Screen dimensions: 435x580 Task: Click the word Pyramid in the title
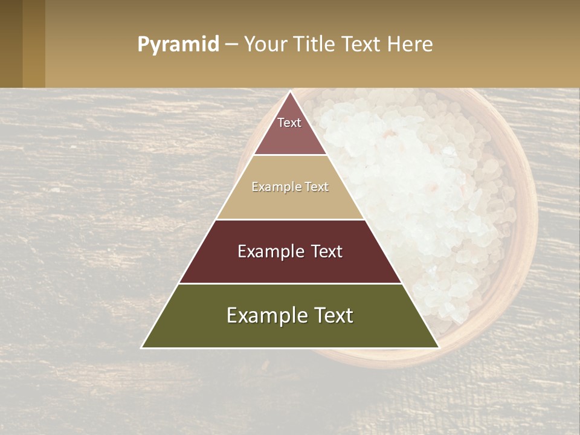click(178, 45)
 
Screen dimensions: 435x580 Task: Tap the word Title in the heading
click(312, 45)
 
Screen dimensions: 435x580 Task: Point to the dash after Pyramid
click(231, 45)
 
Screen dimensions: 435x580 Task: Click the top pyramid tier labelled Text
click(289, 130)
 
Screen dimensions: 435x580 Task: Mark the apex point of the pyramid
click(290, 92)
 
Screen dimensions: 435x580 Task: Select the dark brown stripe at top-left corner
click(11, 43)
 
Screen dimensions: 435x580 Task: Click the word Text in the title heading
click(361, 45)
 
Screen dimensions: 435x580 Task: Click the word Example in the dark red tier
click(269, 251)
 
